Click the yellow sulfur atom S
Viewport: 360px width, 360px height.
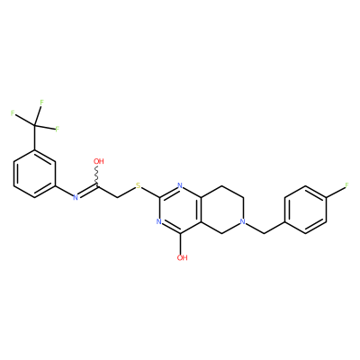pyautogui.click(x=139, y=185)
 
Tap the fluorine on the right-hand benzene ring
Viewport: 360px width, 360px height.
pyautogui.click(x=347, y=185)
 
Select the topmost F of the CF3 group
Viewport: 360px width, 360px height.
pyautogui.click(x=41, y=103)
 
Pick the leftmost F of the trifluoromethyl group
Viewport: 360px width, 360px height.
pyautogui.click(x=13, y=113)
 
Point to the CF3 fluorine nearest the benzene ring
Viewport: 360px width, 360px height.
pyautogui.click(x=57, y=130)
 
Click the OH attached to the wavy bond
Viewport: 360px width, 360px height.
pyautogui.click(x=99, y=161)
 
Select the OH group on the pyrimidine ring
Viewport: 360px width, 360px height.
pyautogui.click(x=182, y=257)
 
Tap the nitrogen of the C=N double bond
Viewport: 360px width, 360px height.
pyautogui.click(x=76, y=197)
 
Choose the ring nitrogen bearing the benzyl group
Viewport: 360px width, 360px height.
pyautogui.click(x=243, y=221)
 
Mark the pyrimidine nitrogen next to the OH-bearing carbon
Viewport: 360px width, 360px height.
pyautogui.click(x=159, y=221)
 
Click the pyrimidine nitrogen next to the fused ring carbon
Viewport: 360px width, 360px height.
pyautogui.click(x=180, y=185)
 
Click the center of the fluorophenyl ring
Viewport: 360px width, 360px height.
pyautogui.click(x=305, y=210)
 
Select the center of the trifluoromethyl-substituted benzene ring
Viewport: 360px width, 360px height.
pyautogui.click(x=34, y=174)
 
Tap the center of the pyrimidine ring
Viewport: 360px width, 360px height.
pyautogui.click(x=180, y=210)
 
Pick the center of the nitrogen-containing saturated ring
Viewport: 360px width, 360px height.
pyautogui.click(x=222, y=210)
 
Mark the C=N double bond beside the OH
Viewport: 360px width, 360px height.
pyautogui.click(x=87, y=191)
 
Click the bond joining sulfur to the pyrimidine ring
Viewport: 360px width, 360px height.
pyautogui.click(x=150, y=193)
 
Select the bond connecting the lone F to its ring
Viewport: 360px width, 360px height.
pyautogui.click(x=336, y=192)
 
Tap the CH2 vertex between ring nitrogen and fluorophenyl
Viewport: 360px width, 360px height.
pyautogui.click(x=264, y=233)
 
